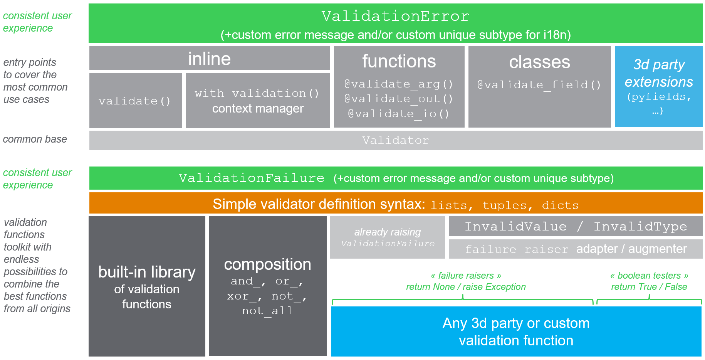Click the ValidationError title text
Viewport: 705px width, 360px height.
tap(395, 16)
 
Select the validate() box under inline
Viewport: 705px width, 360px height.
tap(136, 101)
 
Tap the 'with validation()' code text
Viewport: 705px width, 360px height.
tap(257, 93)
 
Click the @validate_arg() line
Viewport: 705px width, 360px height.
tap(399, 84)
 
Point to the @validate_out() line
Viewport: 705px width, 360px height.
tap(399, 99)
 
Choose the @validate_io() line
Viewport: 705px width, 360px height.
tap(399, 114)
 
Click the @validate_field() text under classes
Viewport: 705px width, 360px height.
tap(539, 85)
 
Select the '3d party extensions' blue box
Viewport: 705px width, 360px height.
tap(659, 87)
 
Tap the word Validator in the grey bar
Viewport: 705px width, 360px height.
tap(396, 140)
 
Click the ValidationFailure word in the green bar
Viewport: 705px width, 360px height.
tap(252, 178)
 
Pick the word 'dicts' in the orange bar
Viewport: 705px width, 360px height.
tap(560, 205)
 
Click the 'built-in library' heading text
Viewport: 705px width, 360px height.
tap(147, 272)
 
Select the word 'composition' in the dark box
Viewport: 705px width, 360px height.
tap(268, 264)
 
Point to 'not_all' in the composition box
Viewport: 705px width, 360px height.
tap(267, 311)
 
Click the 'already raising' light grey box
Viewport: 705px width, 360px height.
tap(387, 237)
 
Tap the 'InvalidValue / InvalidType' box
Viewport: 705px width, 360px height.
tap(576, 226)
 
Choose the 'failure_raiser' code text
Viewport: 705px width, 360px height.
tap(517, 249)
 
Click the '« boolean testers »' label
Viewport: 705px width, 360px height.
tap(649, 276)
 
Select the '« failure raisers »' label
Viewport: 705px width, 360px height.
tap(466, 276)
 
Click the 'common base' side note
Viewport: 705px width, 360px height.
tap(35, 139)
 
